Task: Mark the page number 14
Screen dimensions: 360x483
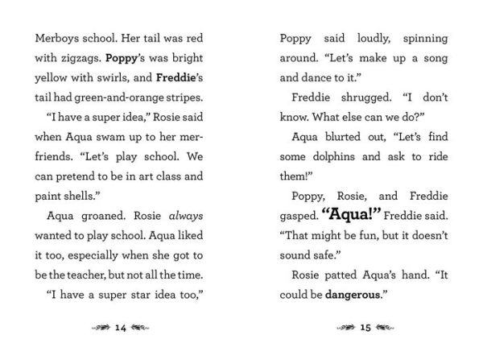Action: (122, 329)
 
